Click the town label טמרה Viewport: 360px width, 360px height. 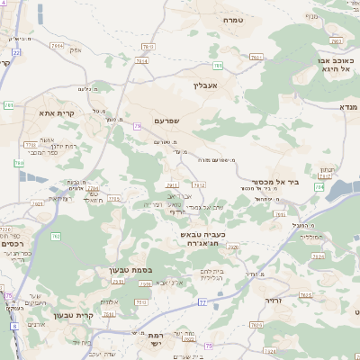point(234,20)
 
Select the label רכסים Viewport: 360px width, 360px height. point(13,244)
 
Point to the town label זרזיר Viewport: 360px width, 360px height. point(274,300)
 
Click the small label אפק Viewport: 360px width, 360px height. point(76,49)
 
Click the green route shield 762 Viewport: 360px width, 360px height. point(56,237)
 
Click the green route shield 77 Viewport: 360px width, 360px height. point(202,301)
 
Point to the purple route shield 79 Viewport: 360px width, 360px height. point(137,127)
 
